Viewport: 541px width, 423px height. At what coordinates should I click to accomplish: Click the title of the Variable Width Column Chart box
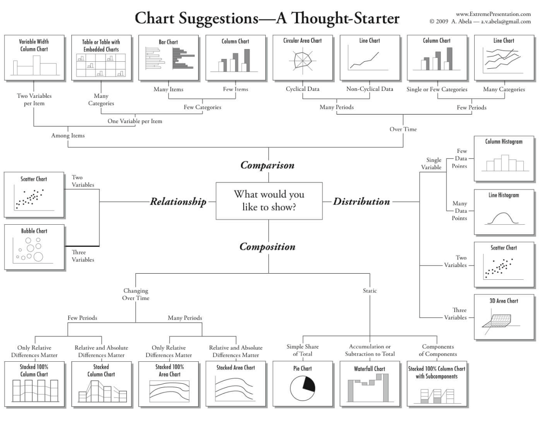tap(34, 45)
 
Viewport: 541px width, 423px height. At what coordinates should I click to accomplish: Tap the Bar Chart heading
tap(168, 42)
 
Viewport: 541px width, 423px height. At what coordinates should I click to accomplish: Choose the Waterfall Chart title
tap(370, 368)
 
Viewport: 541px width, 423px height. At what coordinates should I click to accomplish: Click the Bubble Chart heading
tap(34, 231)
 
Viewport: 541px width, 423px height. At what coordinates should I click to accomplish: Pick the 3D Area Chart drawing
tap(501, 319)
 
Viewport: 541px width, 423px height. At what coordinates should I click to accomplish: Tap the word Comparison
tap(267, 165)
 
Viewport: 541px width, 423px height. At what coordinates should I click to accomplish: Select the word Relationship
tap(178, 202)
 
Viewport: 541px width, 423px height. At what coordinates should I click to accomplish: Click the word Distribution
tap(361, 201)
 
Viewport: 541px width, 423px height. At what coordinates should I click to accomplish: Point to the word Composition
tap(267, 246)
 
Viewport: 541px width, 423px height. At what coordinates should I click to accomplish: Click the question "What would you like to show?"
tap(269, 200)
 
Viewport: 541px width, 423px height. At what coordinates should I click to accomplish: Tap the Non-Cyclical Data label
tap(370, 89)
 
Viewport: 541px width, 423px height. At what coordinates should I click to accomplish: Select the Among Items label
tap(68, 135)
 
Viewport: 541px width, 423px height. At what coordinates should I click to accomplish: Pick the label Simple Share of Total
tap(303, 350)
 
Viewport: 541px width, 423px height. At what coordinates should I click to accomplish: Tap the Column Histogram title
tap(504, 142)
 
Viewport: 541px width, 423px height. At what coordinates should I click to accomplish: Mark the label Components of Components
tap(438, 350)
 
